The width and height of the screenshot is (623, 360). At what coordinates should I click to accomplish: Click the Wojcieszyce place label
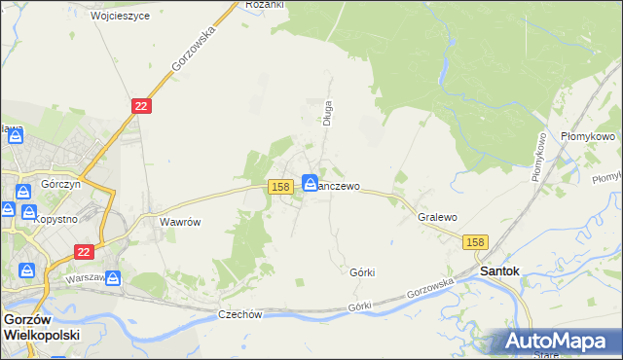click(120, 17)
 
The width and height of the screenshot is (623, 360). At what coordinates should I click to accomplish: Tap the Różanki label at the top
click(264, 5)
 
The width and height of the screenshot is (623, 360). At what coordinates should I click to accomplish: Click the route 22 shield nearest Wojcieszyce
click(141, 106)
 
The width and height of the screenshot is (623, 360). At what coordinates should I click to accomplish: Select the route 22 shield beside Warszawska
click(83, 251)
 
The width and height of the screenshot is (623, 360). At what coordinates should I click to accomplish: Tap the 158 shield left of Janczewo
click(280, 186)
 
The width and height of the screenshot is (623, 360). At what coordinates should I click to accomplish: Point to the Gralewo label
click(437, 218)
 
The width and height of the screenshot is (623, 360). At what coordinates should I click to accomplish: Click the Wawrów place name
click(180, 222)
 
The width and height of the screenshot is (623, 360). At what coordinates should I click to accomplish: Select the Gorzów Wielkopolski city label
click(41, 326)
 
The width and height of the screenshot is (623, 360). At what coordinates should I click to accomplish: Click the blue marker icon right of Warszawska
click(114, 279)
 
